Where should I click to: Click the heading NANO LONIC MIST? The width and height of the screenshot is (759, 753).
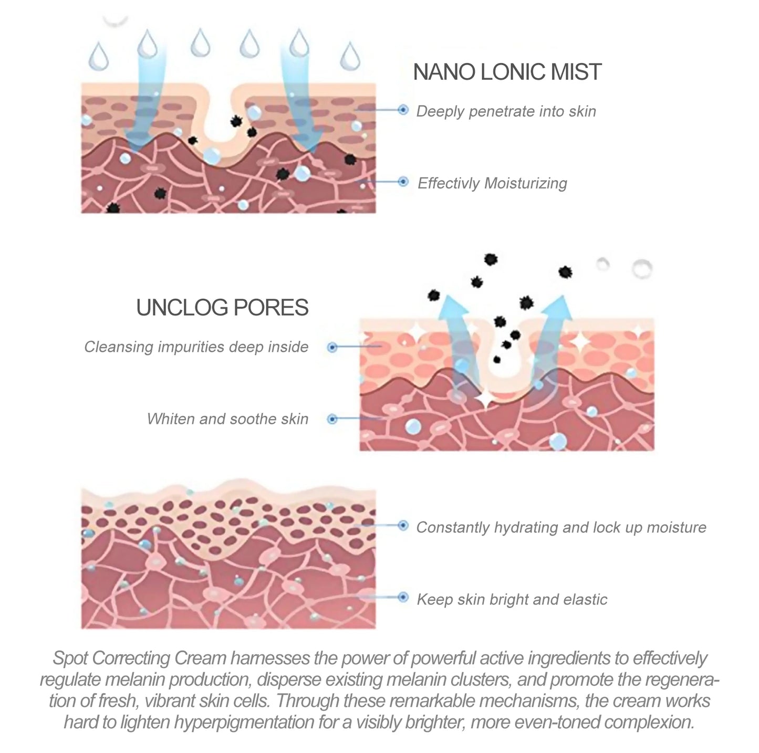(507, 72)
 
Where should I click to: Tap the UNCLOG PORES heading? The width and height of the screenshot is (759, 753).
(222, 308)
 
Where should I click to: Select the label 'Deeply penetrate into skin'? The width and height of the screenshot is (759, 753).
(506, 111)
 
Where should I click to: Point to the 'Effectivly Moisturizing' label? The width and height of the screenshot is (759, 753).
(492, 183)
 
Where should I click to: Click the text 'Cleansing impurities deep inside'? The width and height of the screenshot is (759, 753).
(196, 347)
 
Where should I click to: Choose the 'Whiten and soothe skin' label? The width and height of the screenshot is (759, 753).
(227, 419)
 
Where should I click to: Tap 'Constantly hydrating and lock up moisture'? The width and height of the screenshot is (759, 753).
(561, 527)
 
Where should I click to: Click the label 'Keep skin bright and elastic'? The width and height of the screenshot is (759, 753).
(512, 599)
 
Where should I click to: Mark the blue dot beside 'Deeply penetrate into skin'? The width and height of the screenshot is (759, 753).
(403, 110)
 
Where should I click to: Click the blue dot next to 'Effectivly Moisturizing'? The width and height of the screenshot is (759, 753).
(403, 182)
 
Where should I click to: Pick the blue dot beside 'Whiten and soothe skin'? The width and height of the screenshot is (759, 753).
(332, 419)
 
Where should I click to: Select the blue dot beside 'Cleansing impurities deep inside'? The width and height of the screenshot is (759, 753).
(332, 347)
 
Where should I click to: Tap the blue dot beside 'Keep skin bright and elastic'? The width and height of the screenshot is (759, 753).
(403, 598)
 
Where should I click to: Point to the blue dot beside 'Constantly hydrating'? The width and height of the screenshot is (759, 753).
(403, 526)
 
